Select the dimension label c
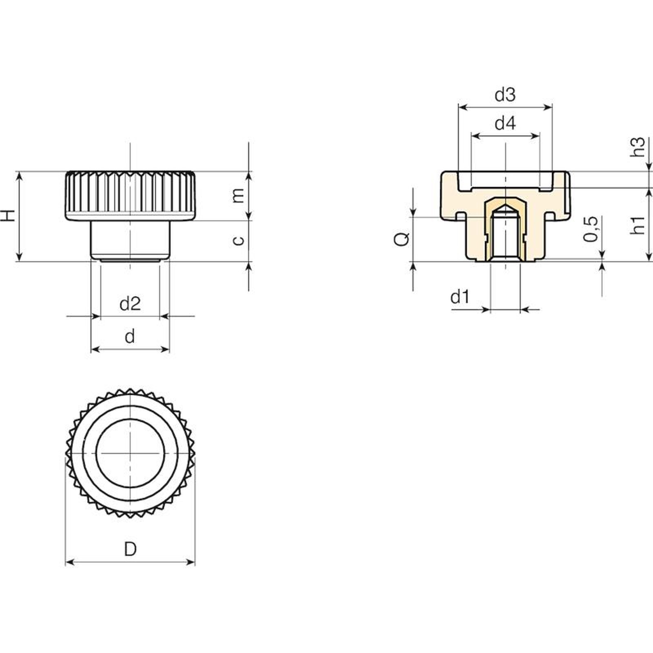tap(238, 240)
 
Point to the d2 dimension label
tap(130, 304)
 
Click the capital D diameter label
tap(130, 549)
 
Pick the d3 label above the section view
tap(505, 95)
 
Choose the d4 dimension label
tap(505, 123)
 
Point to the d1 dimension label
tap(460, 297)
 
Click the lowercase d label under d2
tap(129, 337)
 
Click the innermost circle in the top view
tap(130, 453)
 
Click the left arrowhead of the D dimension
tap(69, 562)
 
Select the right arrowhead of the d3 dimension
tap(548, 107)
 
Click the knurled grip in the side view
tap(130, 196)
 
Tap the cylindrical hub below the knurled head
tap(130, 240)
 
